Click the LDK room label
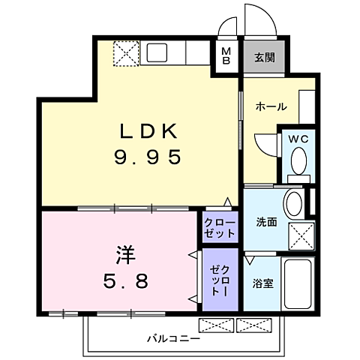tap(148, 131)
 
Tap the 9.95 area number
tap(148, 157)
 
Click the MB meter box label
tap(226, 56)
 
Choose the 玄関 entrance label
tap(263, 57)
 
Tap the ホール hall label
tap(271, 106)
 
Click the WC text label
tap(298, 138)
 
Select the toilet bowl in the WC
tap(299, 159)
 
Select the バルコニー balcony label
tap(173, 339)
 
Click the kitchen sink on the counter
tap(157, 53)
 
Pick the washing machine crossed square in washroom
tap(301, 236)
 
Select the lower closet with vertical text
tap(220, 279)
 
